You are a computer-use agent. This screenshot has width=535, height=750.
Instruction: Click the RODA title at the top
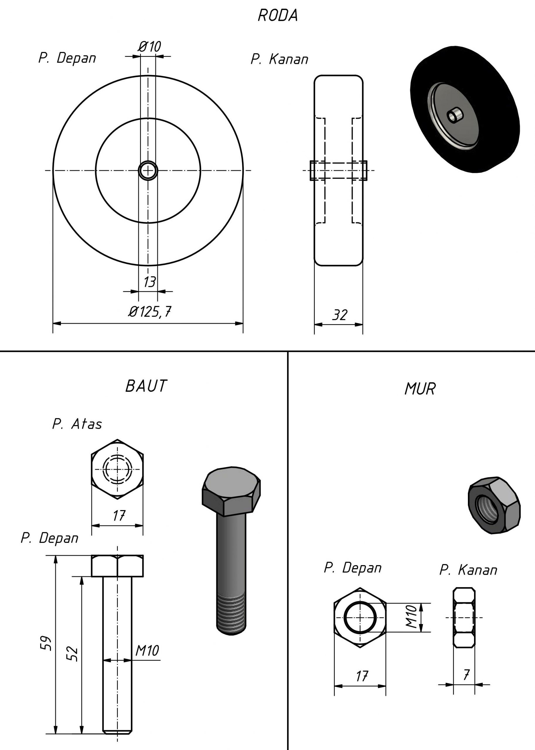(278, 16)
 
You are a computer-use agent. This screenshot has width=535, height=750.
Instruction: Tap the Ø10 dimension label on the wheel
(149, 47)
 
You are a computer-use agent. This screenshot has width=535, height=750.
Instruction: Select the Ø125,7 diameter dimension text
(150, 311)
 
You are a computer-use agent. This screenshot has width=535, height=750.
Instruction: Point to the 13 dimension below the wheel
(149, 282)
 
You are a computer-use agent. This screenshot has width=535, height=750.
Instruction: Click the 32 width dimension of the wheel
(340, 315)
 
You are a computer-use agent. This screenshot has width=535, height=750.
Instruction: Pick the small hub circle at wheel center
(148, 170)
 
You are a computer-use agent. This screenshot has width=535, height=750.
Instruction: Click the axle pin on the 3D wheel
(455, 115)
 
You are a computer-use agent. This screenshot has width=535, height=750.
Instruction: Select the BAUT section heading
(146, 386)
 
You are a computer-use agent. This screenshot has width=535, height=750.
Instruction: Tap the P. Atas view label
(77, 424)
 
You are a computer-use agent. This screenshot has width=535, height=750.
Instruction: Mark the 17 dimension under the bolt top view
(119, 516)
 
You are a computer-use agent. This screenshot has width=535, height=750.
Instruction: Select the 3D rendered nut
(493, 506)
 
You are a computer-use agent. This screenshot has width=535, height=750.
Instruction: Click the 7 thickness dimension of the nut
(466, 675)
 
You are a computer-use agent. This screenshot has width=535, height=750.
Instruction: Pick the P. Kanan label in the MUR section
(468, 570)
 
